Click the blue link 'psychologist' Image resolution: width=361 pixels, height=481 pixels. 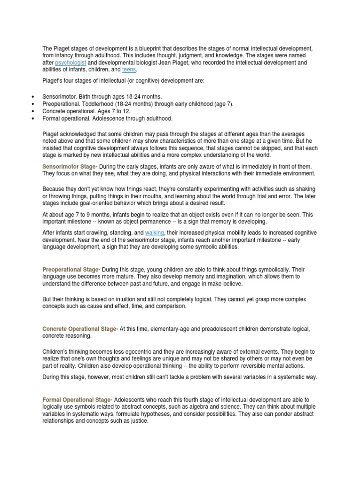click(x=70, y=62)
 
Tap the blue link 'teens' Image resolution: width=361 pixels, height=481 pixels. click(x=129, y=70)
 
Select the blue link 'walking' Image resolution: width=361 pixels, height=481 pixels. click(x=155, y=233)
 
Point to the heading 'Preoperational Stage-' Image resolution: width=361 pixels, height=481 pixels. click(x=71, y=270)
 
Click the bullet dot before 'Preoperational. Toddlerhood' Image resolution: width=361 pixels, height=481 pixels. click(x=32, y=104)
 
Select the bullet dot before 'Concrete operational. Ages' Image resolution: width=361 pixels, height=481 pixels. click(x=32, y=111)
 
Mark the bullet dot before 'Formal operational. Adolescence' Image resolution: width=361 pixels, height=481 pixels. click(x=32, y=118)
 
